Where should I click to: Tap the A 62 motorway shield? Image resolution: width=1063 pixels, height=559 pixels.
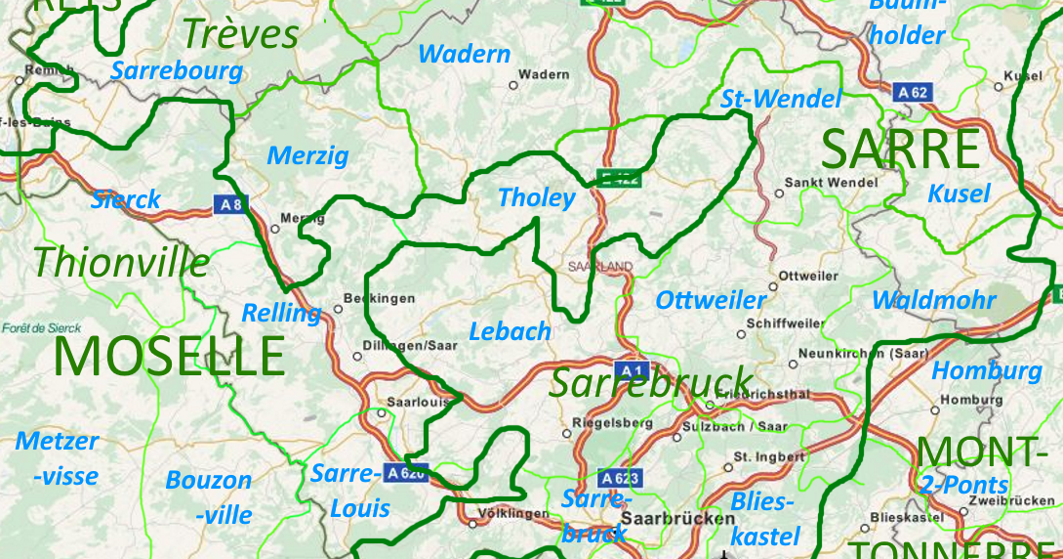coord(913,92)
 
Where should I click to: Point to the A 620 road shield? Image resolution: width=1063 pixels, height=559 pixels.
coord(406,473)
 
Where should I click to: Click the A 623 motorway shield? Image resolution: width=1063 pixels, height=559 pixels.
coord(621,478)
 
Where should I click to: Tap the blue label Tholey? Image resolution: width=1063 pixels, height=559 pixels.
coord(537,197)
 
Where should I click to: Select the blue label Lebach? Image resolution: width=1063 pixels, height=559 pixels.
coord(511,331)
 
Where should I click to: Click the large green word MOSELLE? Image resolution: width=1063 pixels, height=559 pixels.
coord(170,357)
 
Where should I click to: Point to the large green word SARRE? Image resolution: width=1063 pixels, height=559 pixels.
coord(900,150)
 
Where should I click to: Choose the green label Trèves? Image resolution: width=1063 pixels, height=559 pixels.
coord(240,34)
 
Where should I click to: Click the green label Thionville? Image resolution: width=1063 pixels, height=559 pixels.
coord(121,262)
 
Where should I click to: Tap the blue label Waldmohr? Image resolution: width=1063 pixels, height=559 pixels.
coord(934,300)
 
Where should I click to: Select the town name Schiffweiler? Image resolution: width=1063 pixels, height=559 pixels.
coord(785,323)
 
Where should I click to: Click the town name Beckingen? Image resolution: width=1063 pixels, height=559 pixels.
coord(380,298)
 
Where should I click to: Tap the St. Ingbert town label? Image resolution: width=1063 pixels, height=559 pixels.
coord(769,456)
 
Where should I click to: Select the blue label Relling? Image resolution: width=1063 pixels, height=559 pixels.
coord(281,314)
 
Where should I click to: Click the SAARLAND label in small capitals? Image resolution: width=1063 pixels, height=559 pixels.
coord(600,267)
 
